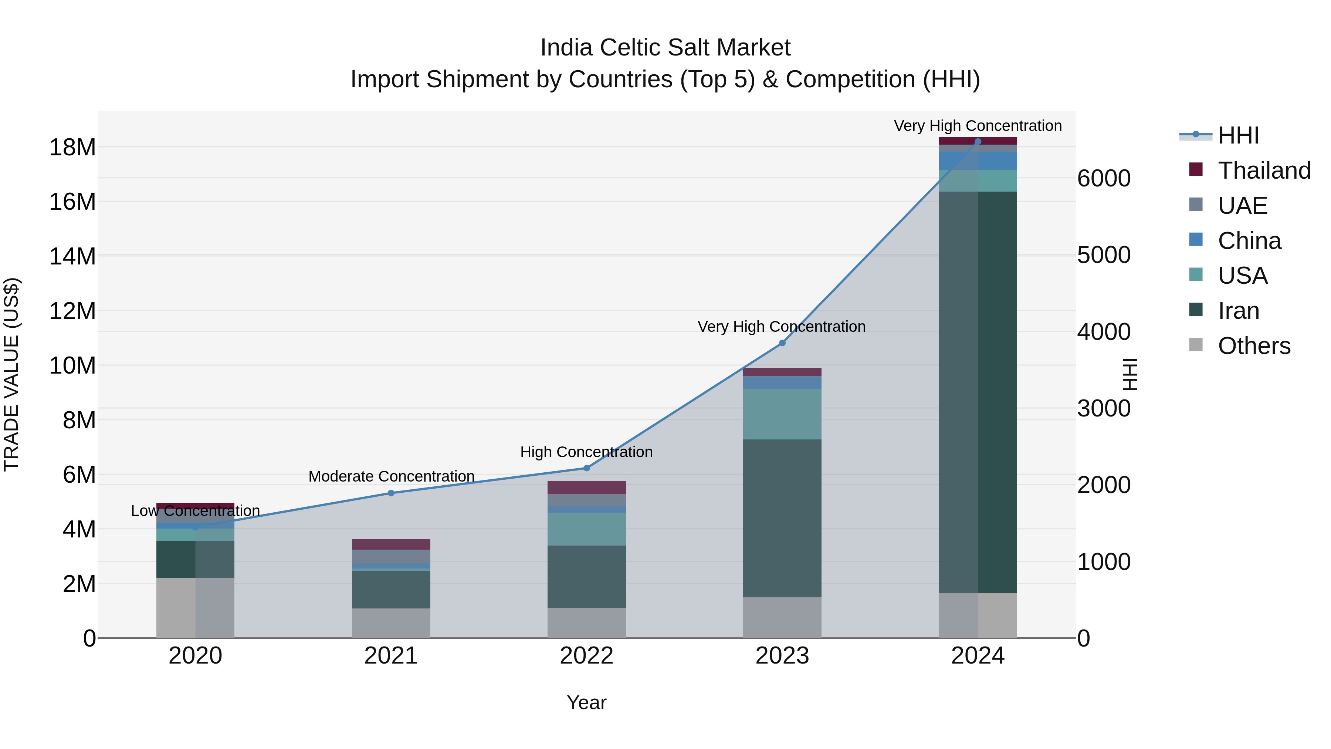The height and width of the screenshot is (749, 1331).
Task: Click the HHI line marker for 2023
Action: point(782,343)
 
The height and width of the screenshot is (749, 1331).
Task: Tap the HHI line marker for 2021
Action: point(391,493)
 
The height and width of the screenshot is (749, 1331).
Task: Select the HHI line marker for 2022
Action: point(586,468)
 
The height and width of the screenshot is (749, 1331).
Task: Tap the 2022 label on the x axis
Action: point(586,656)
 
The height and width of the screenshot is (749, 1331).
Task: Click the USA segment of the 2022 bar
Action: point(586,529)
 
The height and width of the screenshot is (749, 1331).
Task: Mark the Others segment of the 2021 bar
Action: point(391,623)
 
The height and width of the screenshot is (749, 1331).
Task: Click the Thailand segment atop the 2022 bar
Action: point(586,487)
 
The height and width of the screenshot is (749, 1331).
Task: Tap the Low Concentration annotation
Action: point(195,511)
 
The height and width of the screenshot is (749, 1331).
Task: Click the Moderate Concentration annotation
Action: point(391,476)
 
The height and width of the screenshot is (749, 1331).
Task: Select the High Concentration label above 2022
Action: point(586,452)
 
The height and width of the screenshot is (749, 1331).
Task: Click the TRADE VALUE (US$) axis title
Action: point(11,374)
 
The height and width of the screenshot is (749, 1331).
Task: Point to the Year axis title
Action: point(586,702)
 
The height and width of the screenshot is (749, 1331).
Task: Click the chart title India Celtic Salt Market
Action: point(665,48)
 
